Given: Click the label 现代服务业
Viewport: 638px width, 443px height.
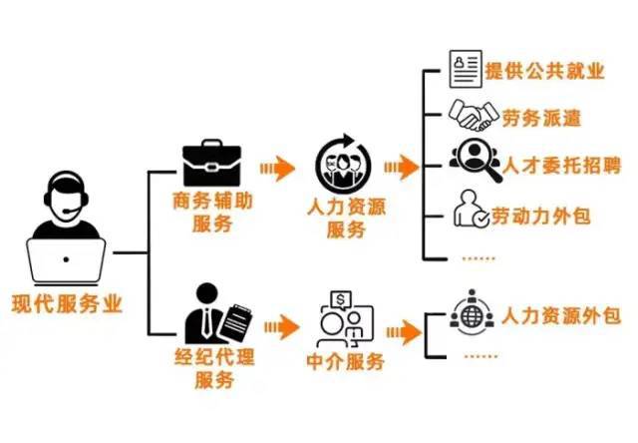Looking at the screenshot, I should tap(67, 304).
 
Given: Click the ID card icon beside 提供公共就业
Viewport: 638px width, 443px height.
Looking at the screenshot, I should tap(465, 70).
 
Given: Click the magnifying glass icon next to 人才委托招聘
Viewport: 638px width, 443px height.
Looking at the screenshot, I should tap(468, 160).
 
